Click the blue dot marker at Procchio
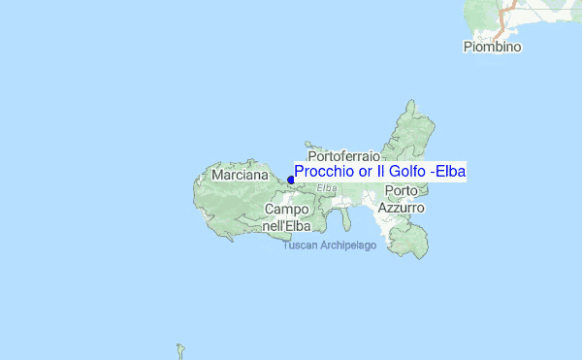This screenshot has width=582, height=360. point(291,180)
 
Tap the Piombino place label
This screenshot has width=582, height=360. point(492,47)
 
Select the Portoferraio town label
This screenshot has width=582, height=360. point(346,155)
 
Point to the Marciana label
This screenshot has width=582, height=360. point(239,176)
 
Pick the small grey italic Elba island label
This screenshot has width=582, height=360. point(327,187)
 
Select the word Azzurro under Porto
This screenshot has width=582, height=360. point(401,208)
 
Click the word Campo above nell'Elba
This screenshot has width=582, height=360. point(286,210)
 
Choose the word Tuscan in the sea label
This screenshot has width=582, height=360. point(299,245)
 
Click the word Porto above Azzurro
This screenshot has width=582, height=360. point(401,190)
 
